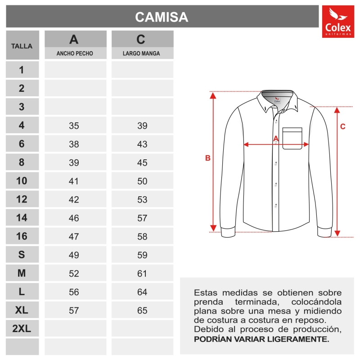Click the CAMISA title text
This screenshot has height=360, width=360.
(x=162, y=17)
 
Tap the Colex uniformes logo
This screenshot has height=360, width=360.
(x=338, y=22)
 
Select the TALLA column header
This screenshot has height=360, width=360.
(x=22, y=46)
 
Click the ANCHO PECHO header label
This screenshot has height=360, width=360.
(x=75, y=54)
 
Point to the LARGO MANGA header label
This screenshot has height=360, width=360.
(x=142, y=54)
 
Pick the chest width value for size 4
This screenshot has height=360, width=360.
(x=74, y=126)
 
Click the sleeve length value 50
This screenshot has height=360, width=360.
(x=142, y=181)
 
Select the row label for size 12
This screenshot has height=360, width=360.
(x=22, y=199)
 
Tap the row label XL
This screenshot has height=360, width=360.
(x=22, y=310)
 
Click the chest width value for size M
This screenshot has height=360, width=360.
(x=74, y=274)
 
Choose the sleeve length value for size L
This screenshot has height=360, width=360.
(x=142, y=292)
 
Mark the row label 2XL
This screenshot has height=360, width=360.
(x=22, y=329)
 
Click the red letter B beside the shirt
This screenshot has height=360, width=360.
(x=207, y=158)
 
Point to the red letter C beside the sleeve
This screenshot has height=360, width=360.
(x=342, y=127)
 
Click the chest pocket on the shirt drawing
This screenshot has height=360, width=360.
(x=292, y=138)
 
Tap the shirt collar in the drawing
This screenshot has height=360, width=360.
(x=278, y=99)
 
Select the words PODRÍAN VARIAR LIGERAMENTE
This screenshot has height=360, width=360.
(x=261, y=339)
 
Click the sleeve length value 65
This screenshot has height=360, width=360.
(x=142, y=310)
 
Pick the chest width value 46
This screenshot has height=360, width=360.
(x=74, y=218)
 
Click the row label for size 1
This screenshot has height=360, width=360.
(x=22, y=70)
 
